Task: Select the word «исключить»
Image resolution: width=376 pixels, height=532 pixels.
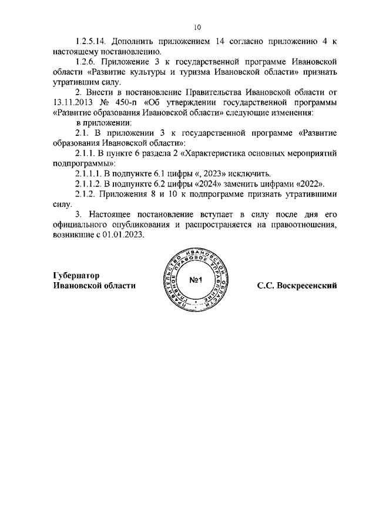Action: (x=246, y=173)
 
